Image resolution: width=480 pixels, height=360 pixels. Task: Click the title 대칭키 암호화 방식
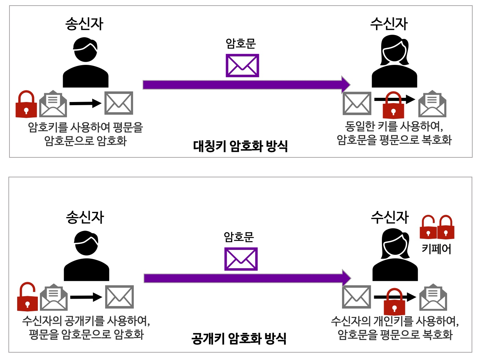tap(240, 146)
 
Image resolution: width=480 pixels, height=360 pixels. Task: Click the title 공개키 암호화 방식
tap(239, 339)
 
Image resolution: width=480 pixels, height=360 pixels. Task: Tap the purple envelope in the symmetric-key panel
tap(242, 66)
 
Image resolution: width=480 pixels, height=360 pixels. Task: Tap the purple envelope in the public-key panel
tap(241, 259)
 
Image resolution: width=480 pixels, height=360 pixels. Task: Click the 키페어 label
tap(436, 249)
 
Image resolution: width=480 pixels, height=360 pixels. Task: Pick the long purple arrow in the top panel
tap(245, 84)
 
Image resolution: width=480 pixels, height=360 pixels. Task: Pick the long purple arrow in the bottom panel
tap(245, 278)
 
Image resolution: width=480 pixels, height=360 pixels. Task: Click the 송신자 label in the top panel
tap(84, 23)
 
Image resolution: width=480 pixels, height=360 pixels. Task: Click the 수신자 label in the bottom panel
tap(390, 217)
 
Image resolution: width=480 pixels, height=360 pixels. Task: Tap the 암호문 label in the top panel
tap(241, 43)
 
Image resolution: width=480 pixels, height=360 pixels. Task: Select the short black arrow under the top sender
tap(85, 103)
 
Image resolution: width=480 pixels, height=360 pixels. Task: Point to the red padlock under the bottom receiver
tap(394, 301)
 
